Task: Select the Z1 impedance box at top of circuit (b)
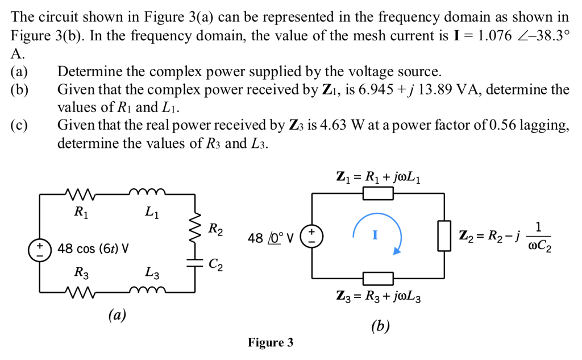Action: pos(378,194)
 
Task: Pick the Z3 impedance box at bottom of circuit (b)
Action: pos(378,278)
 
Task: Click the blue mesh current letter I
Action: pos(375,234)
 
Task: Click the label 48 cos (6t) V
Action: pos(92,249)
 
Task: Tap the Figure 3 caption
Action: pos(271,342)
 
